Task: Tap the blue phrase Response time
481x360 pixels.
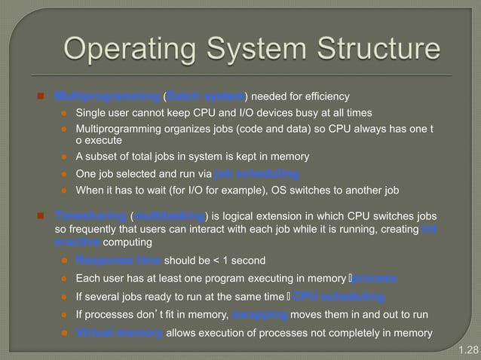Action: click(x=119, y=261)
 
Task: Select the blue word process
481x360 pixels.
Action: click(x=375, y=279)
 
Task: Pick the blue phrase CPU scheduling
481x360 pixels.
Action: click(x=339, y=296)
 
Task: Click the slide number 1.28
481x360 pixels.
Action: click(x=467, y=350)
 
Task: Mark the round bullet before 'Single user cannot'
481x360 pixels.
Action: click(x=65, y=113)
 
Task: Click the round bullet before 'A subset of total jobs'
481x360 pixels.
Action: click(x=65, y=157)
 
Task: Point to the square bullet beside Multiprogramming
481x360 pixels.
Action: click(x=43, y=96)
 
